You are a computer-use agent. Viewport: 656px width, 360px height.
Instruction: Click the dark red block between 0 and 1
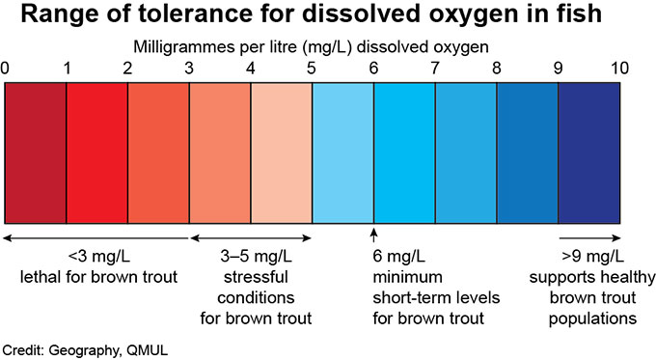(36, 152)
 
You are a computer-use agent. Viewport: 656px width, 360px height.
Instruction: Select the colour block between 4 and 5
(282, 152)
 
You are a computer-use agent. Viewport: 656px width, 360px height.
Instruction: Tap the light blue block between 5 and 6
(342, 152)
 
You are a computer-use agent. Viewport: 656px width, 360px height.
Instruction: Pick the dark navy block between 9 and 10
(588, 152)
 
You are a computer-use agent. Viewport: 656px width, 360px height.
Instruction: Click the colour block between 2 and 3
(158, 152)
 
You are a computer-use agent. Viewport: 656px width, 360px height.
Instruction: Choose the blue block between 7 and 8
(466, 152)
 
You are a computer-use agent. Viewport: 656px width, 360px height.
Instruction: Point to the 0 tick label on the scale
(6, 69)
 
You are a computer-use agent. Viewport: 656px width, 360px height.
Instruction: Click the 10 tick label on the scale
(619, 69)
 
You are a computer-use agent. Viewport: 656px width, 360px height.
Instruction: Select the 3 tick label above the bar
(190, 69)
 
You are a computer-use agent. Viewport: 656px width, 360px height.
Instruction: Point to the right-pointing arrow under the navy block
(588, 236)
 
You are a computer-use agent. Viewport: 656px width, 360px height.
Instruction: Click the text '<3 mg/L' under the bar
(95, 259)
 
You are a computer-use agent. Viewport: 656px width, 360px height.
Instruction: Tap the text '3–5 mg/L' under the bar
(251, 259)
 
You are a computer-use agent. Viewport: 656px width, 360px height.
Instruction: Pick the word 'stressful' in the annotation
(251, 278)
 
